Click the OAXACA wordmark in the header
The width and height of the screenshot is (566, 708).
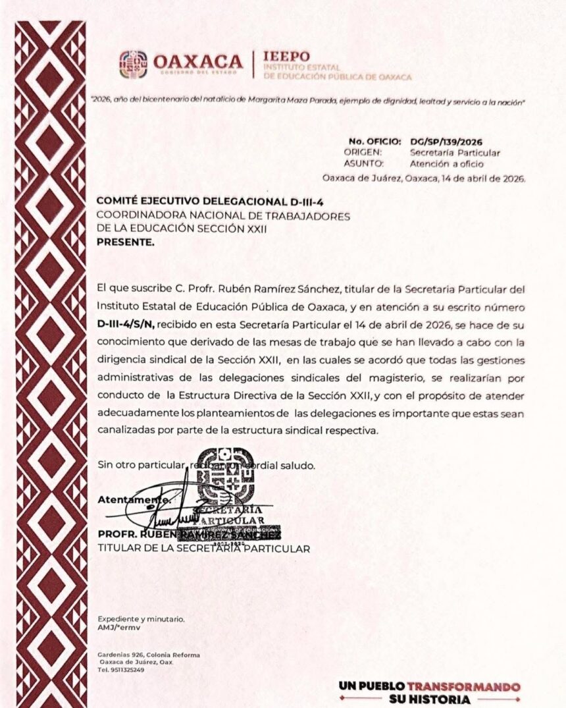tap(198, 61)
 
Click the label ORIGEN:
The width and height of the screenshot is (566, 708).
tap(363, 152)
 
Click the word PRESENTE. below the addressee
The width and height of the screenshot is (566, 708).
tap(126, 241)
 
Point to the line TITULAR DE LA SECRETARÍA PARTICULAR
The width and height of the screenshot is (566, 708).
tap(203, 548)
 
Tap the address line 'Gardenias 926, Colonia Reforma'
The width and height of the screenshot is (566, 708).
tap(148, 655)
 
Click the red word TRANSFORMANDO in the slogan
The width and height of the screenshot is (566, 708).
tap(463, 687)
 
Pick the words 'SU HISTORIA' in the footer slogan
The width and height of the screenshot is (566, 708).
tap(430, 699)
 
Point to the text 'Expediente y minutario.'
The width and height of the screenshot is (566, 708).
tap(141, 619)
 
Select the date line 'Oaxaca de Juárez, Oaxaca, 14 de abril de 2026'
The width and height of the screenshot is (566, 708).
tap(424, 177)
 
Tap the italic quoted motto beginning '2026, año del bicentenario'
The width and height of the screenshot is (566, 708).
tap(308, 100)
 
